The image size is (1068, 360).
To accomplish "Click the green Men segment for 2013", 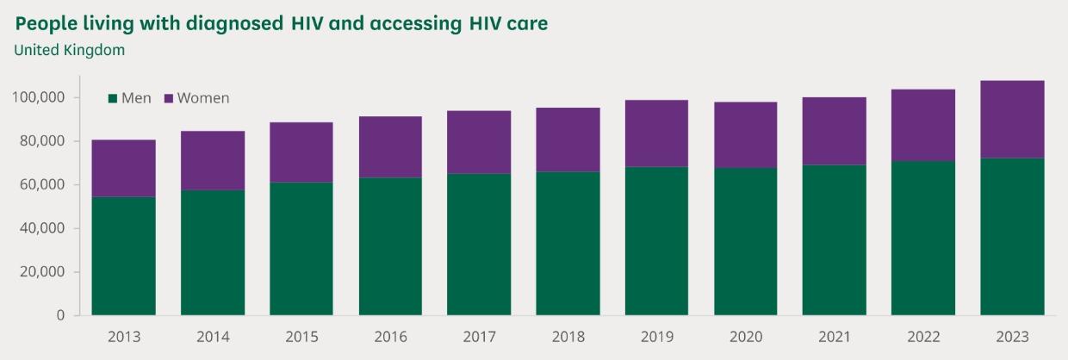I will [x=124, y=256].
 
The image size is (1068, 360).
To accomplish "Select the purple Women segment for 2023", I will [x=1012, y=119].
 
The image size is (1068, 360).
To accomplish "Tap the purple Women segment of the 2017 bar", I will [x=479, y=142].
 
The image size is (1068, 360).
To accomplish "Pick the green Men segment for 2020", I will [x=745, y=241].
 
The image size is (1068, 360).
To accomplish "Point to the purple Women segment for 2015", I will [x=301, y=152].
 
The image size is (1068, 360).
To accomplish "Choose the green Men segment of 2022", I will [x=923, y=238].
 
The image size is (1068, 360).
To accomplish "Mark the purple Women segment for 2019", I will [x=656, y=133].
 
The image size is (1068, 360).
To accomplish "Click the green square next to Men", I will [x=112, y=98].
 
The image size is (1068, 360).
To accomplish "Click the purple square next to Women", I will [x=168, y=98].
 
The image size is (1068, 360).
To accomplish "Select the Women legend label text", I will [x=203, y=98].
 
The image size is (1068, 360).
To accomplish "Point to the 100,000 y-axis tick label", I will [x=39, y=97].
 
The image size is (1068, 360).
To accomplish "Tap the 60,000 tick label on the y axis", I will [x=42, y=184].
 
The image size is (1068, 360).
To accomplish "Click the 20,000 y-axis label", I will [x=42, y=272].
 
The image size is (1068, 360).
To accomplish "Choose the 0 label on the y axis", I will [x=60, y=315].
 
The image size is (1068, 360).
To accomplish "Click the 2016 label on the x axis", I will [x=390, y=337].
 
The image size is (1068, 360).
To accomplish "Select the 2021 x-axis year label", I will [x=835, y=337].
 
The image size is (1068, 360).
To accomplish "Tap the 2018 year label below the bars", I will [x=568, y=337].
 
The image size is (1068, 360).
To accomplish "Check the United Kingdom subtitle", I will [x=70, y=50].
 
